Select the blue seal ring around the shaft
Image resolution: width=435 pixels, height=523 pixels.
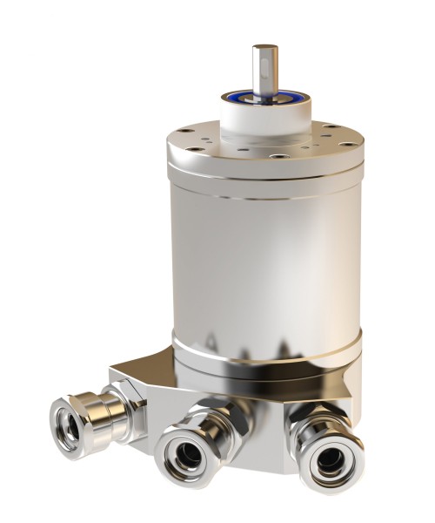[x=262, y=96]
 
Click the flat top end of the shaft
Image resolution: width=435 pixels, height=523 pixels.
[x=263, y=46]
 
